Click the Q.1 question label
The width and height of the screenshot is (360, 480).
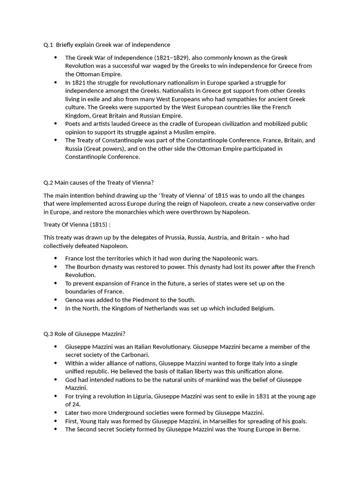click(48, 45)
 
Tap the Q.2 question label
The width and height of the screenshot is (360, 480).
click(48, 182)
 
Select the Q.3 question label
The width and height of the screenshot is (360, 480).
click(48, 334)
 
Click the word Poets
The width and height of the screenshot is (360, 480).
click(74, 124)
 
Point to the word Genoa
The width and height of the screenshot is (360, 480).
click(75, 300)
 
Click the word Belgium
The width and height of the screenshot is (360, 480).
click(261, 308)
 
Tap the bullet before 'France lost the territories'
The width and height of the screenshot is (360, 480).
click(55, 258)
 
